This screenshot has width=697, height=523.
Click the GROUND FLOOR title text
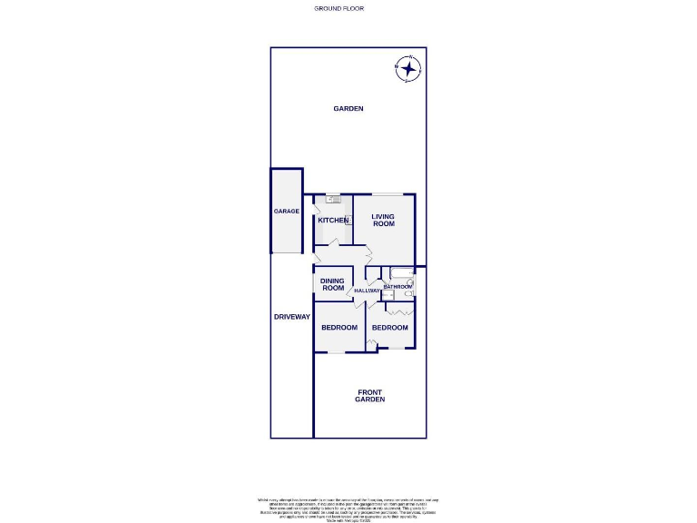pos(339,8)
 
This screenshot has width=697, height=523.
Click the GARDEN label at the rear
pos(348,109)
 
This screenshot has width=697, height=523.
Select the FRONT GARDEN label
pos(369,396)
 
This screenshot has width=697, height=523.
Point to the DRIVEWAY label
pos(292,317)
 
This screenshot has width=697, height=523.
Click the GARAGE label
pos(287,212)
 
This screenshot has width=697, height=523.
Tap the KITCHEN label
pos(332,221)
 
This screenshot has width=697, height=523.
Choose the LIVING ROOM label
pos(383,220)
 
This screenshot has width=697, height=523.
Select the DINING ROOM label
pos(332,284)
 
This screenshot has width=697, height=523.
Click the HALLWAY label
pos(368,291)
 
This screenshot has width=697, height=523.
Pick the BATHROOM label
pos(397,287)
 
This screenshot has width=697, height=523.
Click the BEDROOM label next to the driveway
pos(339,328)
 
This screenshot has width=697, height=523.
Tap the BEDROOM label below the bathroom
pos(389,328)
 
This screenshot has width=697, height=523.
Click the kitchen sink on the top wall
pos(333,199)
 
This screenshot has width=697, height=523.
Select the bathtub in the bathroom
pos(400,272)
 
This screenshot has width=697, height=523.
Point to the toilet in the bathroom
pos(409,293)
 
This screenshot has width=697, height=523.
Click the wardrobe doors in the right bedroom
pos(400,312)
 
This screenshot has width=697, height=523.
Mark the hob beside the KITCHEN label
pos(348,219)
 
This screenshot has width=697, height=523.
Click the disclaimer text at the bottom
pos(348,508)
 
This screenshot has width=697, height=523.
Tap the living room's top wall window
pos(383,194)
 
